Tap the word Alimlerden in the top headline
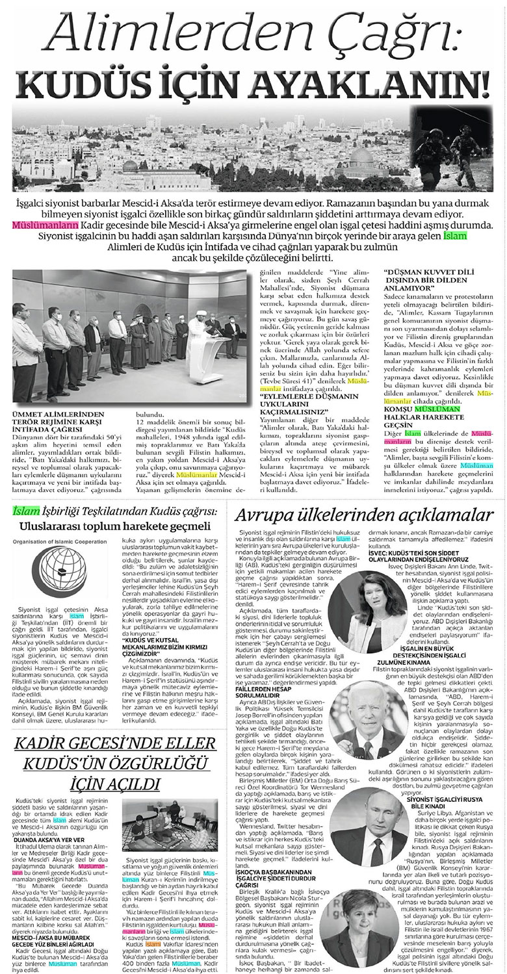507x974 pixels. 152,32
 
